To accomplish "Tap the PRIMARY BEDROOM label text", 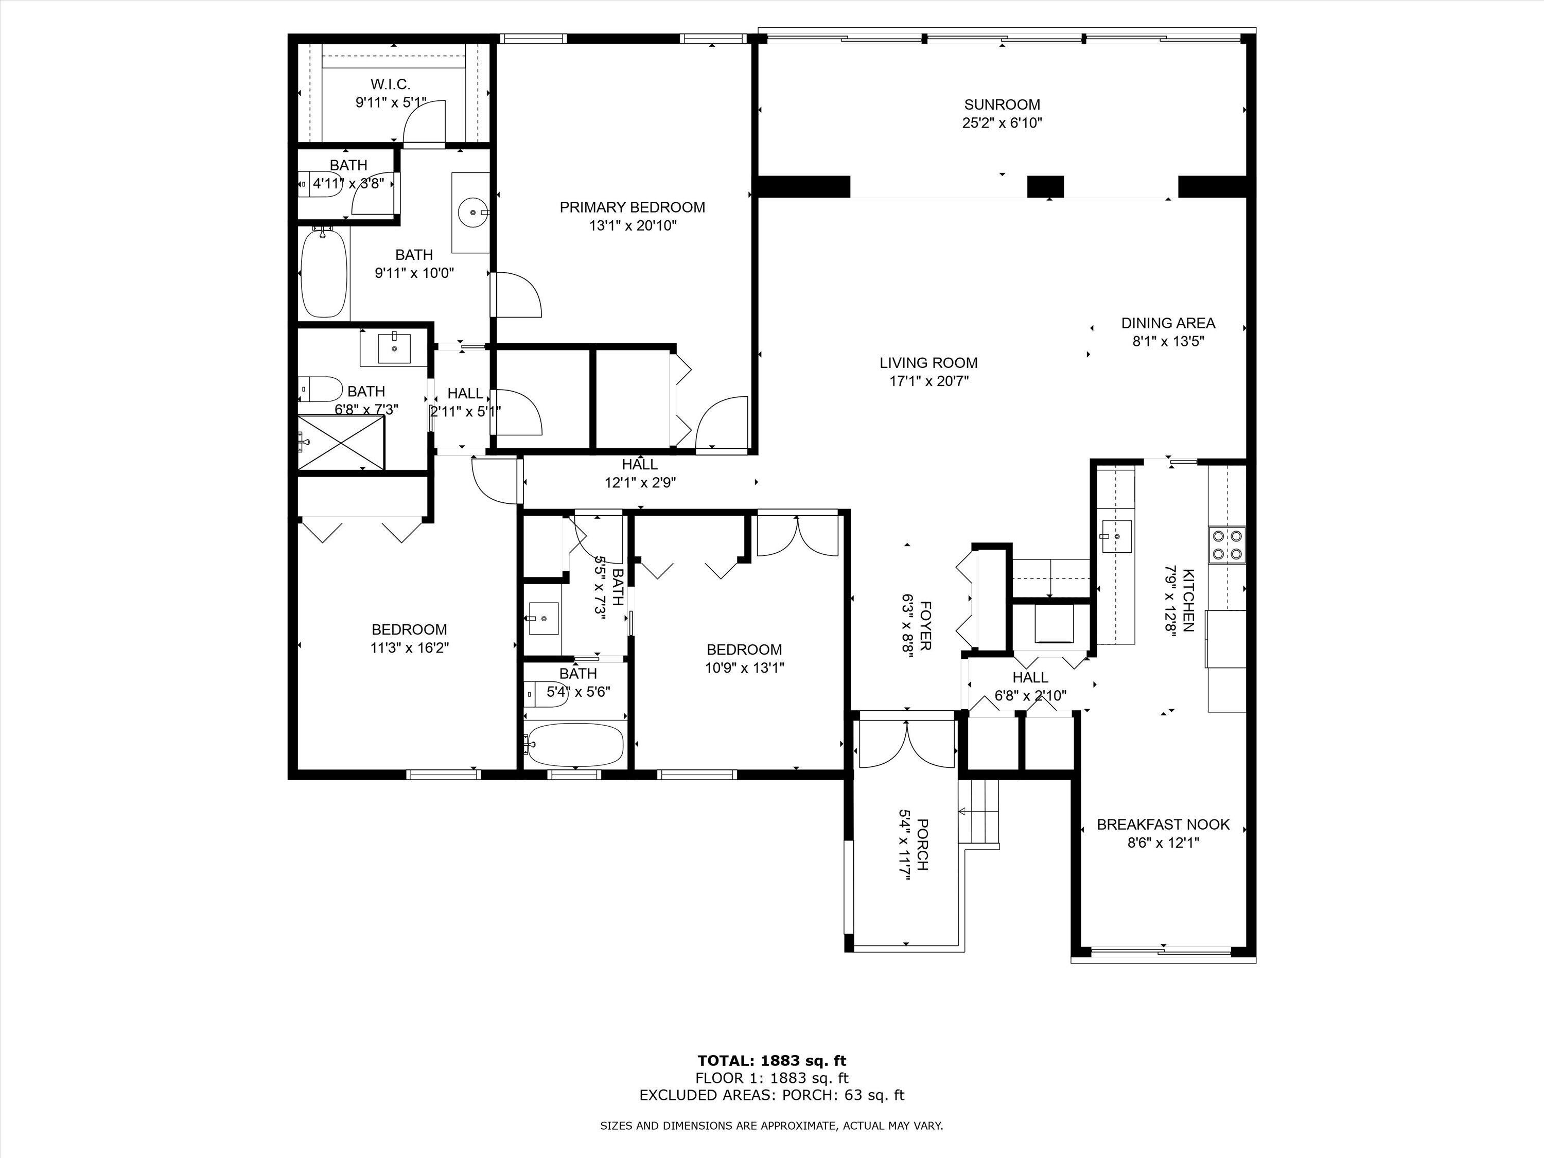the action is [x=633, y=207].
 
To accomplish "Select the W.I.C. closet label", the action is [x=390, y=84].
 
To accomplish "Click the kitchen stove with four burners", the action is [x=1227, y=545].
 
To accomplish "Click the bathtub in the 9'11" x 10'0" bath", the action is [x=323, y=274].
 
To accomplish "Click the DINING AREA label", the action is [x=1168, y=323].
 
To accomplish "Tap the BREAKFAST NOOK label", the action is [x=1163, y=824].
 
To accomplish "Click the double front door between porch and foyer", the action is [x=906, y=744].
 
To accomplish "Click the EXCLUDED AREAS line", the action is [x=772, y=1095].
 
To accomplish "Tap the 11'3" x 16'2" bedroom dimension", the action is [x=409, y=648].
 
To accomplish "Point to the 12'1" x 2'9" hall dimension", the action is [x=640, y=482].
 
